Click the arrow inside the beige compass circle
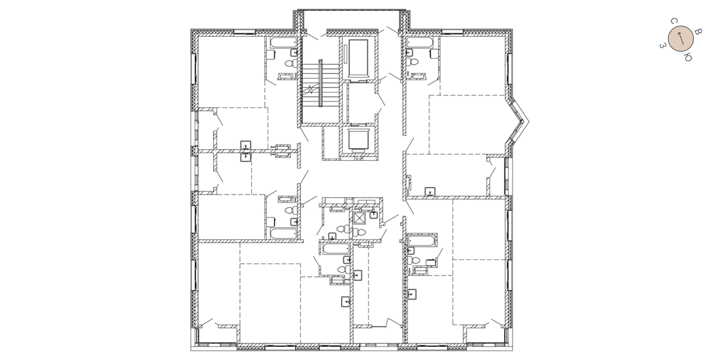[681, 39]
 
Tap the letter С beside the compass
[673, 21]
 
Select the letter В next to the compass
[698, 32]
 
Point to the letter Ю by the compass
[688, 57]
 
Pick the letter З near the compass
[663, 45]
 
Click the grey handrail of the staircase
[321, 83]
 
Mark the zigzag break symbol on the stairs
[311, 89]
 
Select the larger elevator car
[358, 58]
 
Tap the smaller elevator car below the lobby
[358, 139]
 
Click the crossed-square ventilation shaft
[359, 217]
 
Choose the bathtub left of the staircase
[283, 43]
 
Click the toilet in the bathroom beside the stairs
[290, 63]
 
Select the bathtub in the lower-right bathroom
[423, 240]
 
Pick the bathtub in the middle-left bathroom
[283, 233]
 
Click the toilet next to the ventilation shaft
[359, 231]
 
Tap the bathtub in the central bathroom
[336, 249]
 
